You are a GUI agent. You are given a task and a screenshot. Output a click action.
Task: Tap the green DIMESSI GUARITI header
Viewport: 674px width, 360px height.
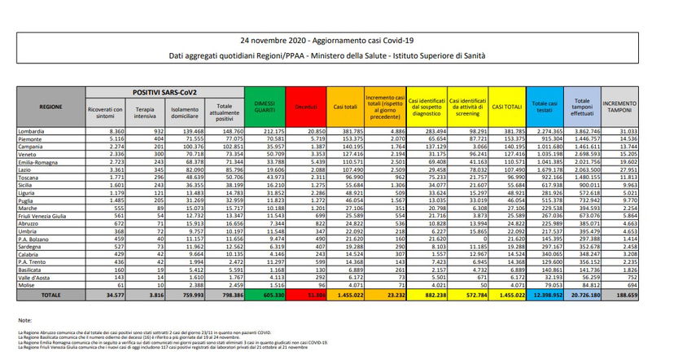coord(269,106)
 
